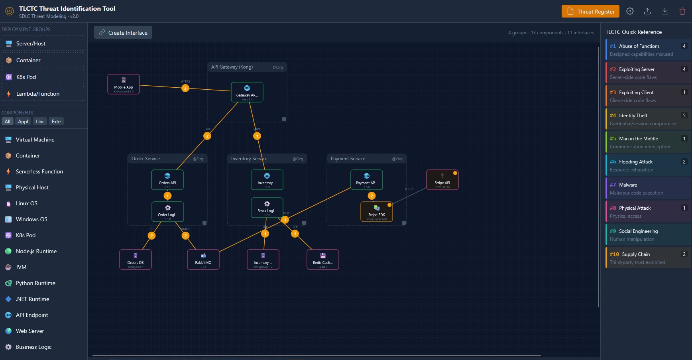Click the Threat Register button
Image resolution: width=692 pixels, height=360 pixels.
(590, 12)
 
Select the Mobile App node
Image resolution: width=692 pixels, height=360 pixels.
(124, 85)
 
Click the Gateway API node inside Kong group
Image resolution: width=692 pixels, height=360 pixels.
(247, 92)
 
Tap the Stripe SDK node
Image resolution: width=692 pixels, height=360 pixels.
(376, 212)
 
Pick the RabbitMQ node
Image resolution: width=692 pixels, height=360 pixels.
(203, 260)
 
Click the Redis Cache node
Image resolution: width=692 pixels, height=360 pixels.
(322, 260)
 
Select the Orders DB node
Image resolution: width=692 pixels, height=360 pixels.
(136, 260)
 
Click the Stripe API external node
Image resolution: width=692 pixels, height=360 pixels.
(442, 180)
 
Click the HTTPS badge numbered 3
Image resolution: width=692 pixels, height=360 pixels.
(185, 88)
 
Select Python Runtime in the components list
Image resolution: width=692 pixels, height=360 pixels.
(35, 283)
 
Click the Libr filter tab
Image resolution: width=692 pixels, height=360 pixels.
(40, 122)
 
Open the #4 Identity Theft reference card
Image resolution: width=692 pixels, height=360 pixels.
(648, 119)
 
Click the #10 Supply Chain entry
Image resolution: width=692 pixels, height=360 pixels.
(648, 258)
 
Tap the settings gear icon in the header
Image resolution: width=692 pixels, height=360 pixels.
(630, 12)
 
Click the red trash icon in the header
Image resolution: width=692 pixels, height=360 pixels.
(682, 12)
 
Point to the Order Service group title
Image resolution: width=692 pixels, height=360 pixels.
(146, 159)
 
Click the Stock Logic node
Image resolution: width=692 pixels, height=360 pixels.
(267, 208)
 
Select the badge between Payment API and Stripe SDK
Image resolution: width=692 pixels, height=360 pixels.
(372, 196)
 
